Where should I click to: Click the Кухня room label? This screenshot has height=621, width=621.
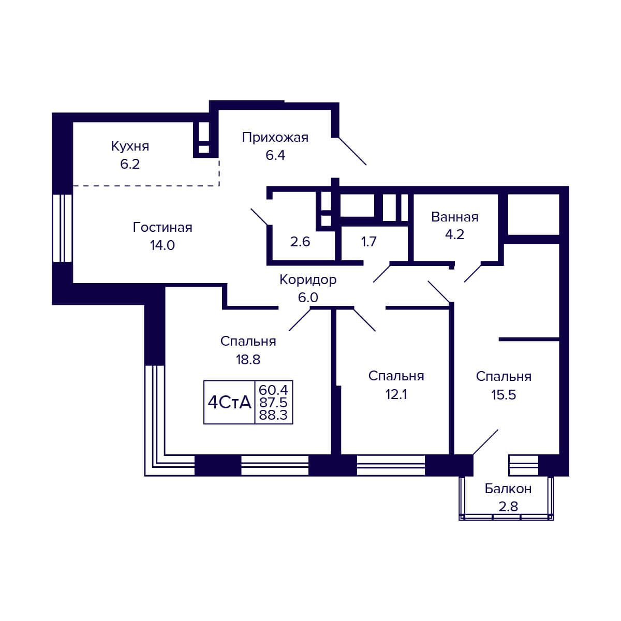(x=130, y=146)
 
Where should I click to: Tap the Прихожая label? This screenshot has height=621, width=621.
(x=275, y=138)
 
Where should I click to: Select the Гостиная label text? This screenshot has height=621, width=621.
(x=162, y=228)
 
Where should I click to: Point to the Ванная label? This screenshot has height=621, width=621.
(x=454, y=217)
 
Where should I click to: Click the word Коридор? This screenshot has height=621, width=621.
(x=308, y=280)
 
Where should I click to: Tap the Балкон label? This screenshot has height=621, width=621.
(x=508, y=489)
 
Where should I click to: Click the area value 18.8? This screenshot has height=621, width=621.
(x=248, y=360)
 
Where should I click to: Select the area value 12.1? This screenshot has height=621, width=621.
(x=396, y=394)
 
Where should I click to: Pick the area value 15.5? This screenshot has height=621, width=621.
(x=504, y=395)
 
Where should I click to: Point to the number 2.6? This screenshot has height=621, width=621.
(x=300, y=242)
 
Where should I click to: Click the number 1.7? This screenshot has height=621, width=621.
(x=368, y=242)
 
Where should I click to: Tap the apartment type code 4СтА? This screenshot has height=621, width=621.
(x=229, y=403)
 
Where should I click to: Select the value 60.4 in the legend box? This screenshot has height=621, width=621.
(x=273, y=390)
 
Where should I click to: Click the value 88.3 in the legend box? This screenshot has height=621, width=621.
(x=273, y=415)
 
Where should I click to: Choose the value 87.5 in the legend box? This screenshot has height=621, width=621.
(x=273, y=403)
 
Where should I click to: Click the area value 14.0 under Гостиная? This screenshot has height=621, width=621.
(x=162, y=246)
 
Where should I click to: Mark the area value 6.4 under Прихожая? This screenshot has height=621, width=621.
(x=275, y=156)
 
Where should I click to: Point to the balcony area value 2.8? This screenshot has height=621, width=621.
(x=508, y=507)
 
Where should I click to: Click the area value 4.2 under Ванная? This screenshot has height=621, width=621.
(x=454, y=234)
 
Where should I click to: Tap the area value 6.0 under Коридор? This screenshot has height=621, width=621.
(x=308, y=298)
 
